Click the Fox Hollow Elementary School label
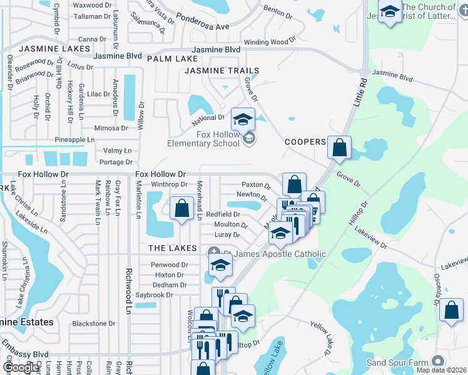tap(203, 138)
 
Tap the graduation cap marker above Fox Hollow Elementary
tap(243, 118)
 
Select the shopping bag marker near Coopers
tap(338, 147)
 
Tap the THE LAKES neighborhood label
tap(173, 248)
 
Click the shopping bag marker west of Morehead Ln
tap(181, 207)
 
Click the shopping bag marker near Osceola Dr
tap(451, 310)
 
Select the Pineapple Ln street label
tap(74, 139)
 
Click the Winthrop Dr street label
tap(170, 184)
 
